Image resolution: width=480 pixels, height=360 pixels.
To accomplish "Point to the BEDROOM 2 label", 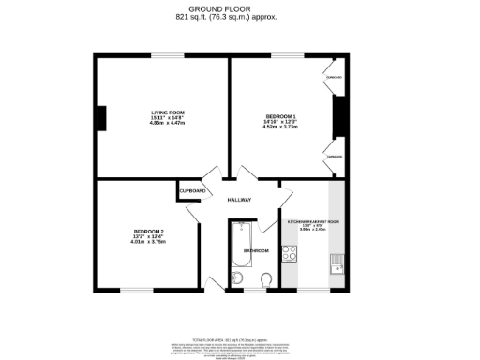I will coord(148,232).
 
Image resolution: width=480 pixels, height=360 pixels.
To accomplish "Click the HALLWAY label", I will coord(239,200).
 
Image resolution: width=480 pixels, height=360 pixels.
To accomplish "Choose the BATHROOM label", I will coord(257,251).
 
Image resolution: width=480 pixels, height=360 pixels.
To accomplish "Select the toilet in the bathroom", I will coord(268,278).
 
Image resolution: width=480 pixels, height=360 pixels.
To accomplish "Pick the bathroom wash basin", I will coord(237,277).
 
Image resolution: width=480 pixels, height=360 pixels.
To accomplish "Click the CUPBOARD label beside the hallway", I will coord(193,191).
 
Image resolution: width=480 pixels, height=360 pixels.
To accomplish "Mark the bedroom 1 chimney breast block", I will coord(339,112).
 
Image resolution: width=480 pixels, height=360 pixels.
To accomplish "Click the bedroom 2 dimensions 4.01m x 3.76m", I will coord(148,242).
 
